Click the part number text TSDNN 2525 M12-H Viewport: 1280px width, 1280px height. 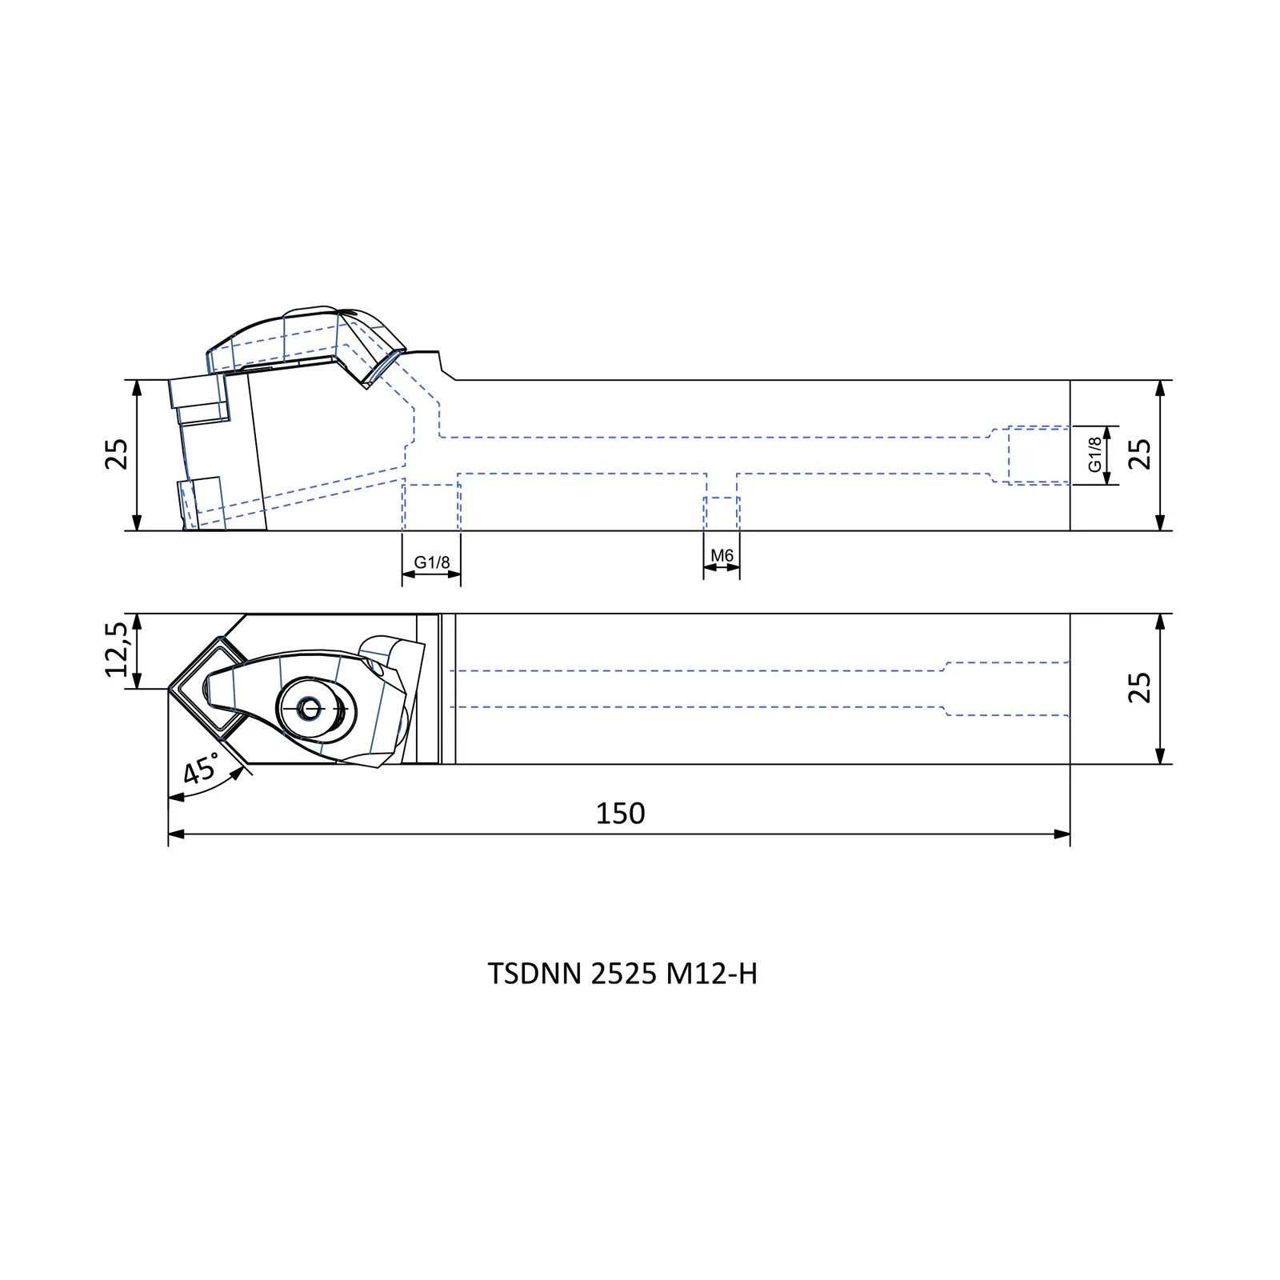click(x=622, y=974)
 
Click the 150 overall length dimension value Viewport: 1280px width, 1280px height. click(x=620, y=813)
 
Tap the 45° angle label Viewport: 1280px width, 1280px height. click(x=201, y=769)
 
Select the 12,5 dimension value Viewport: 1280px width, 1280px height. click(x=117, y=649)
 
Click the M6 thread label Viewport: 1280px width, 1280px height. click(x=722, y=555)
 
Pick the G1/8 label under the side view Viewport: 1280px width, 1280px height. click(x=432, y=562)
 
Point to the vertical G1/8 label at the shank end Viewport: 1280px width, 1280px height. click(x=1095, y=454)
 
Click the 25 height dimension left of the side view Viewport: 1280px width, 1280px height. click(x=117, y=454)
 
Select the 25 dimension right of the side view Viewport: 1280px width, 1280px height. click(x=1139, y=454)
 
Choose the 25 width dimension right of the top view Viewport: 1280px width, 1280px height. click(x=1139, y=688)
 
